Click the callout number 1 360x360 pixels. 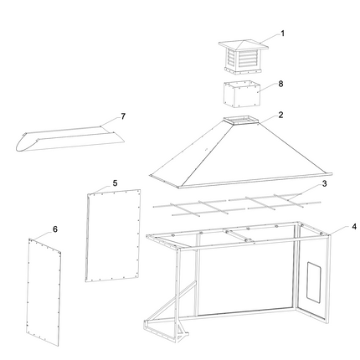282,33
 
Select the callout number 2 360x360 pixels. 281,115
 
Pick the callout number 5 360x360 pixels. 115,182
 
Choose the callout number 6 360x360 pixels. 55,228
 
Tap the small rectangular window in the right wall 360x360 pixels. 313,281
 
